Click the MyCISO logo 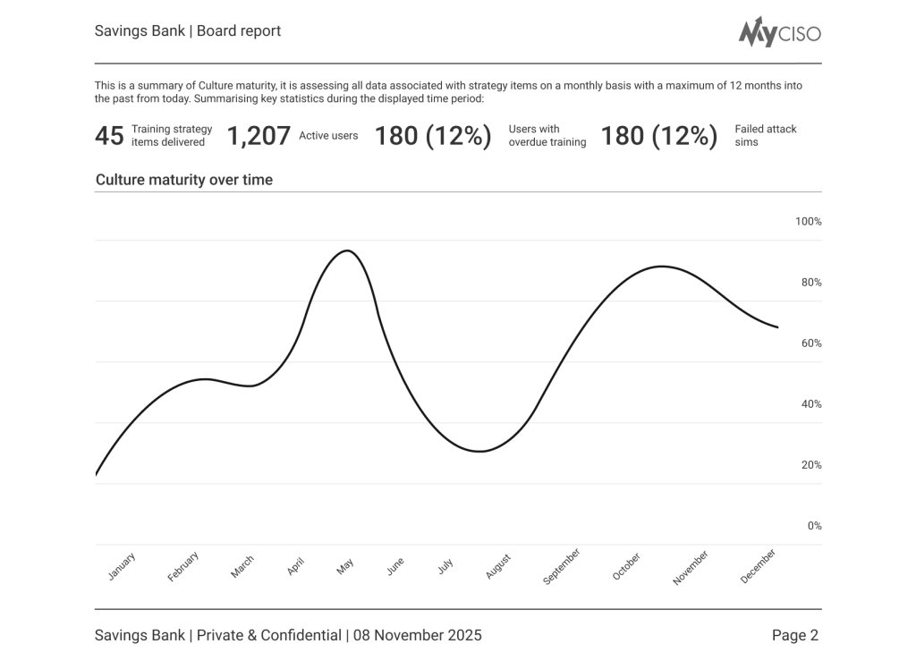779,32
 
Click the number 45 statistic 109,136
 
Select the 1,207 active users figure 259,136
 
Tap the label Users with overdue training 547,136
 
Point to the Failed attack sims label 765,136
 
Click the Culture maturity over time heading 184,180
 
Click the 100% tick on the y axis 808,222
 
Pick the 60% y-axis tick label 810,343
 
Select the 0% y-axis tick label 814,526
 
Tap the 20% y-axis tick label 810,465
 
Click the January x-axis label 122,567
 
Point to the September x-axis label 562,567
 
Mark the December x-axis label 758,566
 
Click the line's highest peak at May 347,250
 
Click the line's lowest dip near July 480,451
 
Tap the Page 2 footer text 794,636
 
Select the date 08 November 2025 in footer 417,636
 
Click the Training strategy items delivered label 172,136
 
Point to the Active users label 328,136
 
